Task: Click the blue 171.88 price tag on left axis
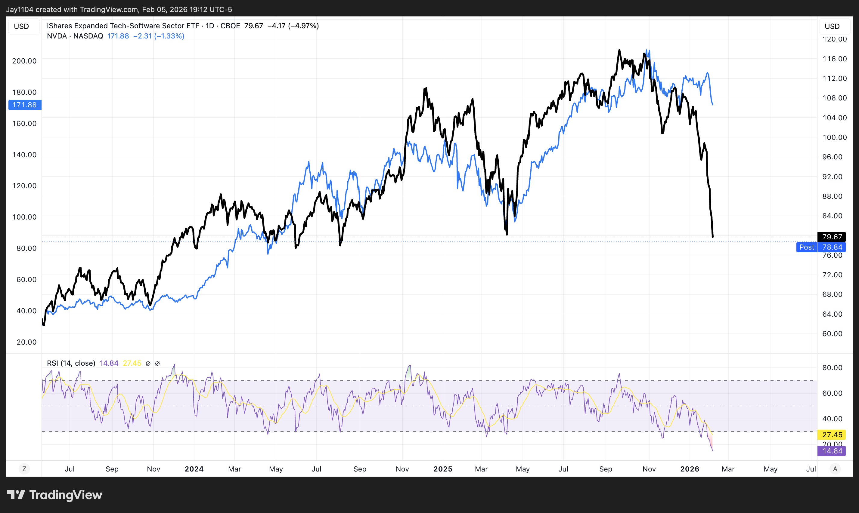[x=25, y=105]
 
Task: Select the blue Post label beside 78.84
[x=806, y=247]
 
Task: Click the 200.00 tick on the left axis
[x=24, y=61]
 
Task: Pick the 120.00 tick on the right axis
[x=834, y=39]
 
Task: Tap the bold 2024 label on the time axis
[x=194, y=469]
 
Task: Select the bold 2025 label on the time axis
[x=443, y=469]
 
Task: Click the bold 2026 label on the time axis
[x=690, y=469]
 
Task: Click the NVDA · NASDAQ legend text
[x=75, y=36]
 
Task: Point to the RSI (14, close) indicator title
[x=71, y=363]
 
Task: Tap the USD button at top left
[x=21, y=26]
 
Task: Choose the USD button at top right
[x=832, y=26]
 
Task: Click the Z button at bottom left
[x=24, y=469]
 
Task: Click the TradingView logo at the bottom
[x=55, y=495]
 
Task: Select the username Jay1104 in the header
[x=20, y=9]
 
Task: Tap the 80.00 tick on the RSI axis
[x=832, y=367]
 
